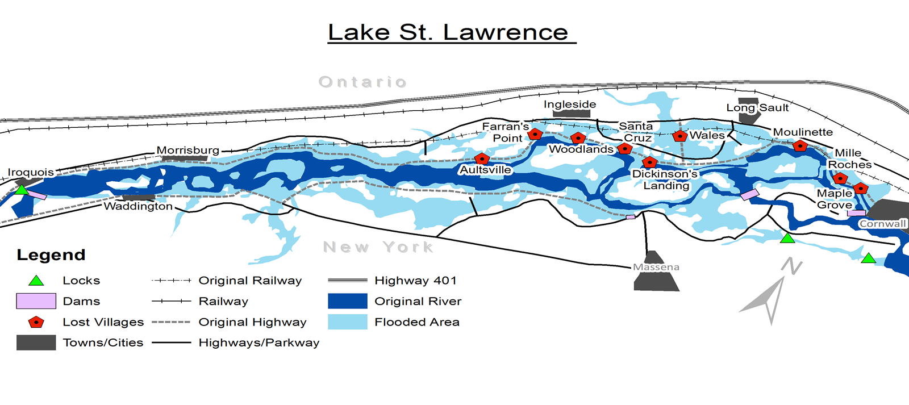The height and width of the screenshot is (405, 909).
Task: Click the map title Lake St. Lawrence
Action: [448, 32]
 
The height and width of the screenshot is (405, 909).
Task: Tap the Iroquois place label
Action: [31, 172]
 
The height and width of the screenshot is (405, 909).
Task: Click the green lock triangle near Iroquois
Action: [21, 190]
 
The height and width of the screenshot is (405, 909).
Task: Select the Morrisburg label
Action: [188, 151]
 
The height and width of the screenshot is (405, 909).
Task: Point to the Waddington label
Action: [138, 206]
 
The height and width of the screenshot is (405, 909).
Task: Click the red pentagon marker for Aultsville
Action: [482, 158]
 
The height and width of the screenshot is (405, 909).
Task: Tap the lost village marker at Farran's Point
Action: [535, 134]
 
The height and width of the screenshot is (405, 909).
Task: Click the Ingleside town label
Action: [570, 105]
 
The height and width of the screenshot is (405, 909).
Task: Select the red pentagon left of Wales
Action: [680, 136]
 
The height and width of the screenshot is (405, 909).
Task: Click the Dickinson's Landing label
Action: [665, 179]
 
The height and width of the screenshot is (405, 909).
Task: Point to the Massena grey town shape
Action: [656, 278]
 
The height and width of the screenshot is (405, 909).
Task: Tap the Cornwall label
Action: [882, 224]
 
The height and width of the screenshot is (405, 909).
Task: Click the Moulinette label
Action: [803, 132]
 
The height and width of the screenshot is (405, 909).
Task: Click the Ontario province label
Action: [362, 82]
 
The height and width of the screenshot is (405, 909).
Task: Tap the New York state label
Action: [378, 247]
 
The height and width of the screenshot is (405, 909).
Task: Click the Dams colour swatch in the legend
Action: [36, 301]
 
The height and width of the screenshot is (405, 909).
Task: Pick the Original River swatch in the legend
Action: [348, 301]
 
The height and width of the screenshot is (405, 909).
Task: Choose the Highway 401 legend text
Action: [415, 281]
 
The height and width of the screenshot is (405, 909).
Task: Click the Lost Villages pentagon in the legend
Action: [36, 322]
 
